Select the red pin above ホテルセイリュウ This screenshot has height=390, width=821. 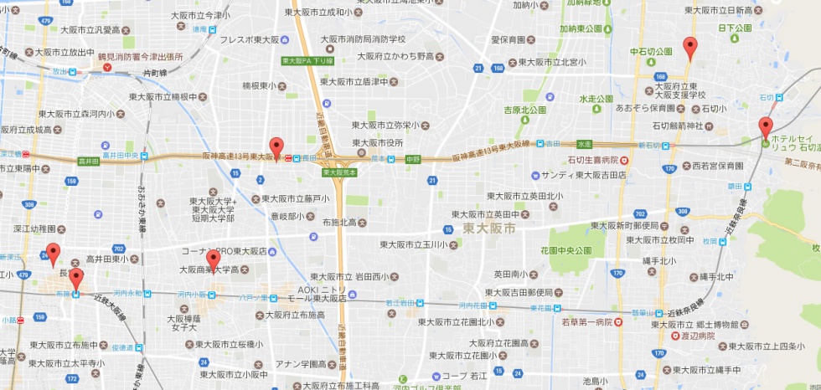tap(765, 128)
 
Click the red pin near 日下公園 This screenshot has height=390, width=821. tap(689, 47)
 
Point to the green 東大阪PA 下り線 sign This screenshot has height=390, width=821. tap(306, 61)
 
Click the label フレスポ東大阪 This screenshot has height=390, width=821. tap(249, 39)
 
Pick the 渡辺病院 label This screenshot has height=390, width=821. tap(694, 336)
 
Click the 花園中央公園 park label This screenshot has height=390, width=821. tap(565, 250)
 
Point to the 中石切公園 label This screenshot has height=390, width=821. tap(651, 52)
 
